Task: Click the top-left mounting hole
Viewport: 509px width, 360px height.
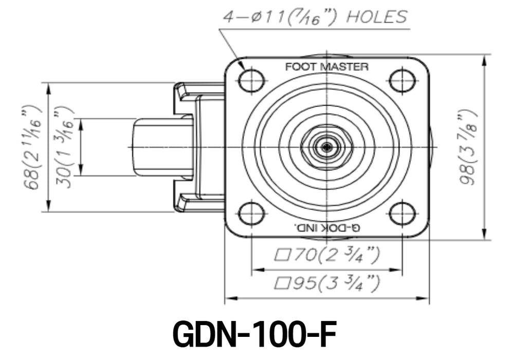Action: pyautogui.click(x=251, y=80)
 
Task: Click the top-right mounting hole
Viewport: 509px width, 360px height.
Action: pyautogui.click(x=402, y=80)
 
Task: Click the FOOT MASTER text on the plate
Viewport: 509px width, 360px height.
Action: pyautogui.click(x=326, y=67)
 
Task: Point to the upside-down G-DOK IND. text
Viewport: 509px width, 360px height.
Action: pyautogui.click(x=326, y=227)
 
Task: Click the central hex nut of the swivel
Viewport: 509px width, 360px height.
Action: pyautogui.click(x=326, y=147)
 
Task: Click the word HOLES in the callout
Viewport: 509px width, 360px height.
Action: pyautogui.click(x=376, y=17)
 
